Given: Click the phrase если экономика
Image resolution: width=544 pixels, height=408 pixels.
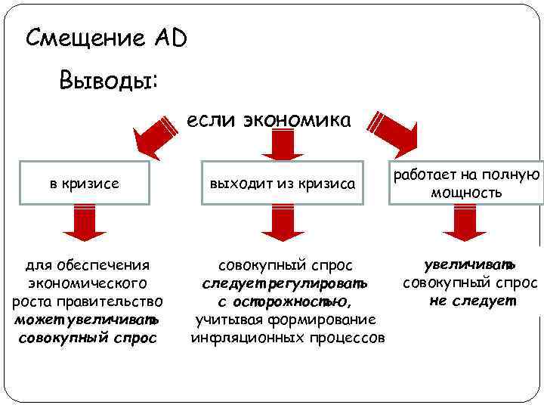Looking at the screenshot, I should (x=268, y=120).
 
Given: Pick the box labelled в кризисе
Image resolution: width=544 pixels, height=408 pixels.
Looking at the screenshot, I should (x=84, y=183).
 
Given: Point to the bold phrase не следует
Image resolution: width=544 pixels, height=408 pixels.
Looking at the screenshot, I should (x=472, y=301).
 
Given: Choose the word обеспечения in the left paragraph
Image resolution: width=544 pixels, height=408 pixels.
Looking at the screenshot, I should (x=109, y=265).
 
